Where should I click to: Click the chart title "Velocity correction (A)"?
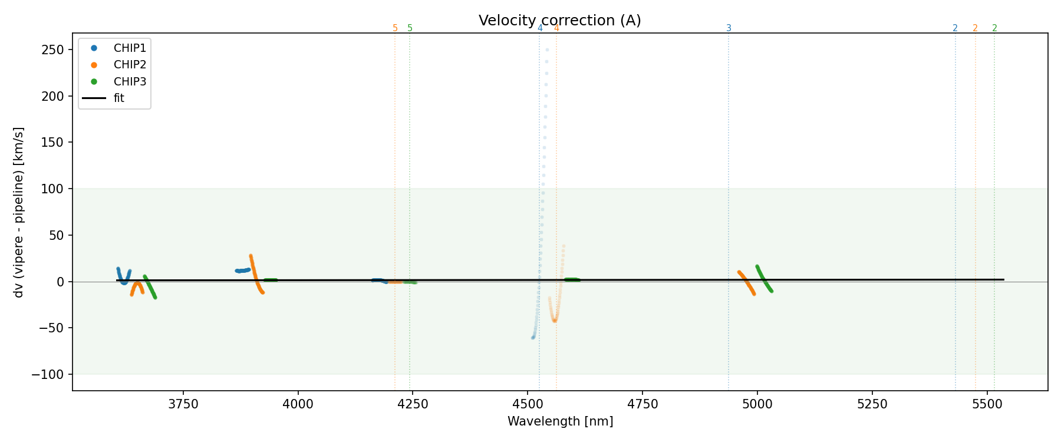point(559,21)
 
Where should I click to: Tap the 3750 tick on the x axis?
point(183,404)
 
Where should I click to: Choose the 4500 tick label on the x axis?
point(528,404)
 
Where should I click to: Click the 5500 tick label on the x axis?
point(987,404)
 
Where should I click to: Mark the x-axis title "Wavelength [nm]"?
point(560,422)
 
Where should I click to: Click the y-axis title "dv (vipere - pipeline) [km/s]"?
point(19,212)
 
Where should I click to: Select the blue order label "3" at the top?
point(729,28)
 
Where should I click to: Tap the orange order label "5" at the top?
point(395,28)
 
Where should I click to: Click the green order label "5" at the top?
point(410,28)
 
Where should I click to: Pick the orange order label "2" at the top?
point(975,28)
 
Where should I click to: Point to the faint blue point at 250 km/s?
point(547,50)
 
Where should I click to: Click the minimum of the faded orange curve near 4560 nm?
point(555,321)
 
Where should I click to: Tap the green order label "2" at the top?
point(994,28)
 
